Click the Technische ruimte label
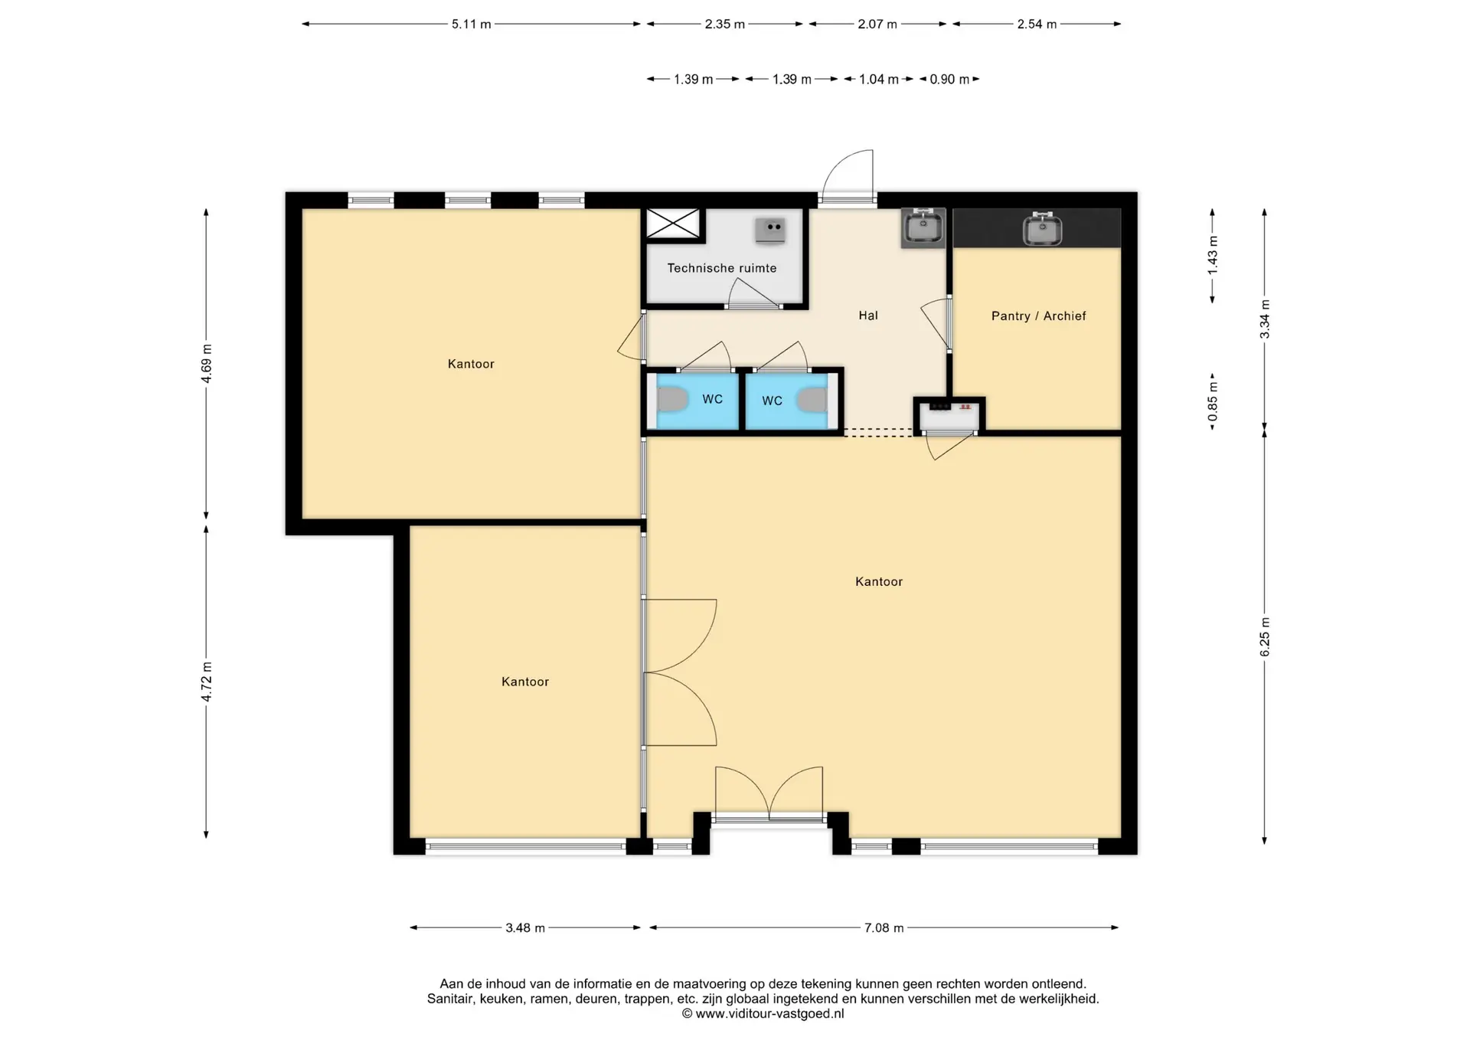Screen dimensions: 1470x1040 pos(722,268)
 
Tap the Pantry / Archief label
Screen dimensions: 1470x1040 pos(1038,316)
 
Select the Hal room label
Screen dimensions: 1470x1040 pos(867,315)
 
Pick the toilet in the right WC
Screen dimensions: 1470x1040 pos(812,400)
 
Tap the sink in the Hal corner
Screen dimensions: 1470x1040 pos(923,227)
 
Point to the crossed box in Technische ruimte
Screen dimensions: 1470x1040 pos(674,224)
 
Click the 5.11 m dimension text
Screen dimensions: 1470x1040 pos(471,24)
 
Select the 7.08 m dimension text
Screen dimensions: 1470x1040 pos(884,927)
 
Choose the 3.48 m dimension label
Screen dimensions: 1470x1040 pos(525,927)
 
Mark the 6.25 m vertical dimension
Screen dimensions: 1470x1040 pos(1265,637)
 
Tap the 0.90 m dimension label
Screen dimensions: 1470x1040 pos(949,79)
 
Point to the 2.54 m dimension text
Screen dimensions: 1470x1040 pos(1037,24)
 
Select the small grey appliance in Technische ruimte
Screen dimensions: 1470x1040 pos(770,230)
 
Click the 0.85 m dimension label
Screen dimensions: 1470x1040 pos(1213,401)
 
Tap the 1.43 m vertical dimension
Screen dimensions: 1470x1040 pos(1213,256)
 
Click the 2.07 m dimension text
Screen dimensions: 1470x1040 pos(877,24)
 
